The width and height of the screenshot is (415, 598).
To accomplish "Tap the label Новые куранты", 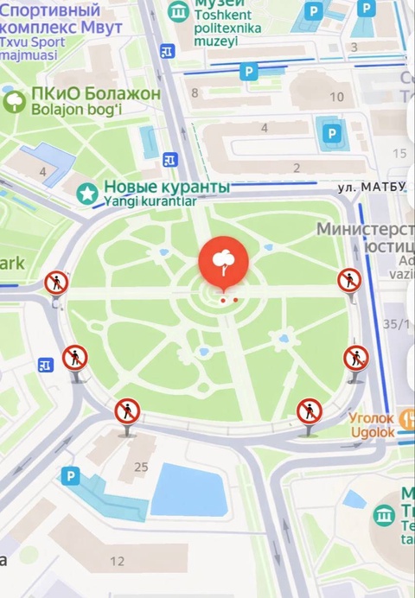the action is click(x=166, y=187).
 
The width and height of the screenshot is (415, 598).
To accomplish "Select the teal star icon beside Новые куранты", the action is click(x=86, y=194).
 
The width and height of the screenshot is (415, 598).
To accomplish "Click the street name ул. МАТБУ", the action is click(x=371, y=188).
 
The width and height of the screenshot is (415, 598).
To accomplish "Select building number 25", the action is click(x=141, y=467).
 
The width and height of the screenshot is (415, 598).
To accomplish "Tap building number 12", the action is click(x=117, y=561).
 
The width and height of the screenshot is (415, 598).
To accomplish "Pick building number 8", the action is click(x=195, y=93).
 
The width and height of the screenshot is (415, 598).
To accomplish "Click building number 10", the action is click(x=336, y=96).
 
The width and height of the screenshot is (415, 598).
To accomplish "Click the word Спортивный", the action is click(x=50, y=10).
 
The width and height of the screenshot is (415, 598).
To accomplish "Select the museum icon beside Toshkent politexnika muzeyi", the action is click(x=180, y=11).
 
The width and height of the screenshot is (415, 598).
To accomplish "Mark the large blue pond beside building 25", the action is click(x=188, y=490).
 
